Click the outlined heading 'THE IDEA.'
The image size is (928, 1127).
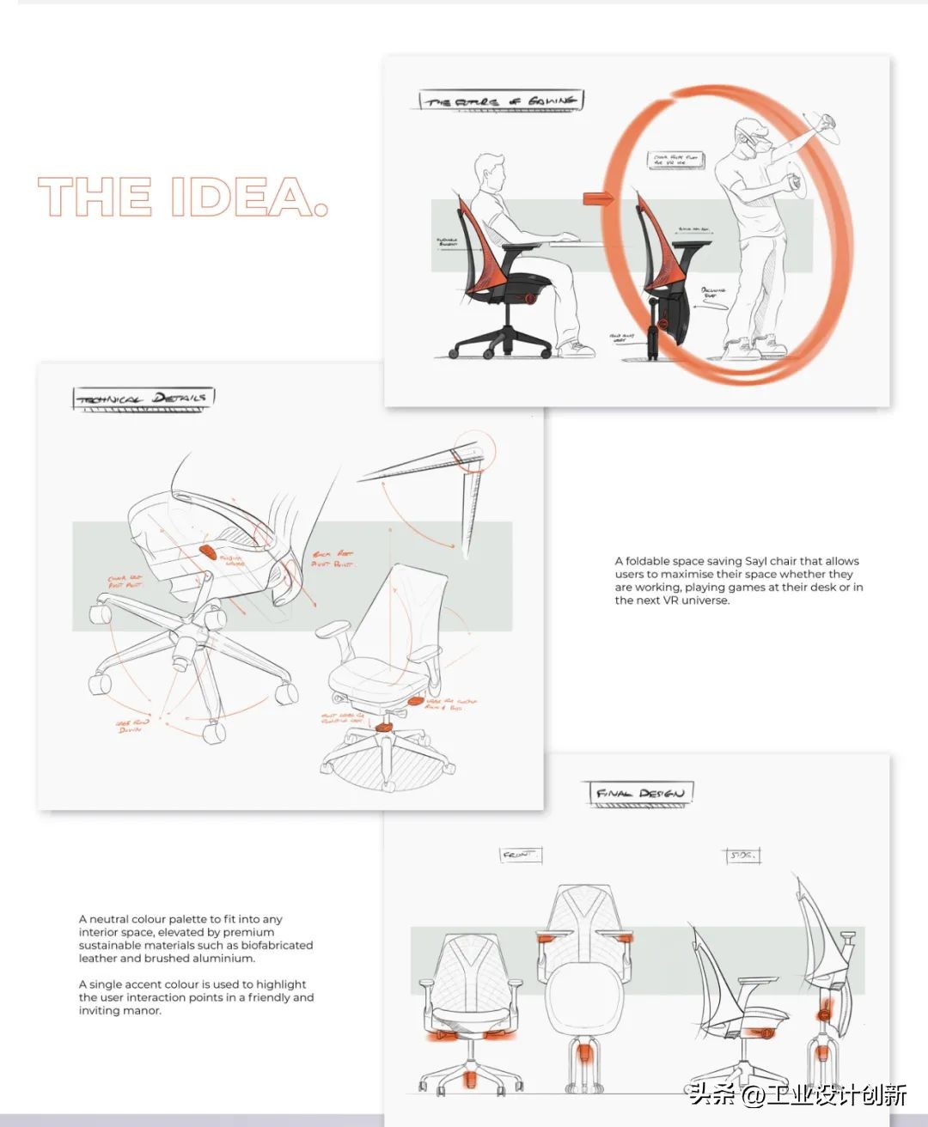pyautogui.click(x=183, y=197)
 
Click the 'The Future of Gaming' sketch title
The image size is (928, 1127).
pyautogui.click(x=501, y=101)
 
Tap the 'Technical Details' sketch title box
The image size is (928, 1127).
pyautogui.click(x=143, y=398)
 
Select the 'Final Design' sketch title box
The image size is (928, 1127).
pyautogui.click(x=640, y=793)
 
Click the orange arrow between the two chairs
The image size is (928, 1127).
pyautogui.click(x=599, y=198)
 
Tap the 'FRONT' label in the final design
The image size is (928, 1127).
pyautogui.click(x=519, y=855)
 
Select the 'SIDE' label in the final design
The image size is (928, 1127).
pyautogui.click(x=742, y=855)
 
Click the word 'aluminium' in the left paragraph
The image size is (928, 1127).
pyautogui.click(x=226, y=958)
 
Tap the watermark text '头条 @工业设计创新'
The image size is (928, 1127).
pyautogui.click(x=797, y=1093)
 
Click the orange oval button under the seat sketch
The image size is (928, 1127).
pyautogui.click(x=209, y=551)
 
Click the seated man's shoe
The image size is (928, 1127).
pyautogui.click(x=577, y=349)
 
